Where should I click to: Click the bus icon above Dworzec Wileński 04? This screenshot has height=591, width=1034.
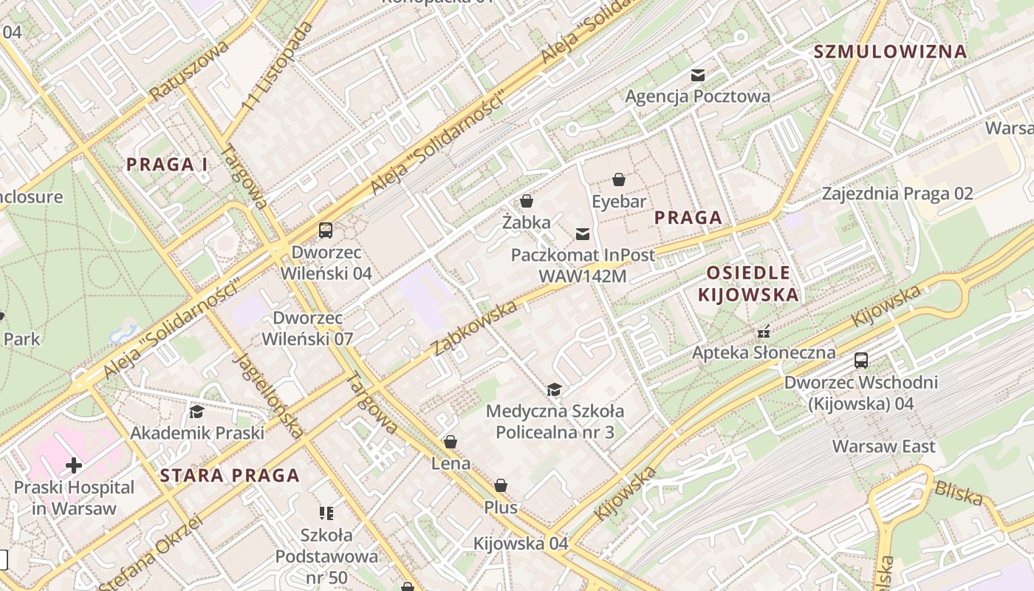[x=326, y=230]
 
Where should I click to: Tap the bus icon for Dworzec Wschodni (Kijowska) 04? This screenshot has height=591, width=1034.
[x=861, y=361]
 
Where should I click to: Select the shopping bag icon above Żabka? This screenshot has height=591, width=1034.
[x=527, y=200]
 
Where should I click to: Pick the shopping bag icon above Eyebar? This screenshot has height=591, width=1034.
[x=618, y=180]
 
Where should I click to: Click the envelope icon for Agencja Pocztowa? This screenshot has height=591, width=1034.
[x=697, y=75]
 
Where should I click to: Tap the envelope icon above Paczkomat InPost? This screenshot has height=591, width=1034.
[x=583, y=234]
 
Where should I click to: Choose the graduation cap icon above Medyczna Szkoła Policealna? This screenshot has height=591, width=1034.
[x=554, y=389]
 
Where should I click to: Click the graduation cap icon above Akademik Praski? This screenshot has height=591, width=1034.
[x=196, y=411]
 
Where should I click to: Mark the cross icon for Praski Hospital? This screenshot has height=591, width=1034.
[x=74, y=465]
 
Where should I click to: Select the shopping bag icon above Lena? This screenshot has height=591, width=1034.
[x=450, y=442]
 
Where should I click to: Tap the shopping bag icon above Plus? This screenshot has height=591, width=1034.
[x=501, y=485]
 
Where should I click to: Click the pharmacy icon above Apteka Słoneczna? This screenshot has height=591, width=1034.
[x=764, y=331]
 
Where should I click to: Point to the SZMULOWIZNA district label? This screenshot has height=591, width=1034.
[x=890, y=52]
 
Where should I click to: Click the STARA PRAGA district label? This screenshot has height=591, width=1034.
[x=230, y=475]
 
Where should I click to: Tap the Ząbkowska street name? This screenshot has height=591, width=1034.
[x=475, y=328]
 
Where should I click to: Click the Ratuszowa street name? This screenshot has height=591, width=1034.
[x=190, y=71]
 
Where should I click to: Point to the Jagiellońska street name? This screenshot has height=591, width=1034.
[x=268, y=395]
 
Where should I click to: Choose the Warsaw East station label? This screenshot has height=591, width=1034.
[x=883, y=446]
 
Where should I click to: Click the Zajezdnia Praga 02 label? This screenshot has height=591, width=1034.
[x=897, y=194]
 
